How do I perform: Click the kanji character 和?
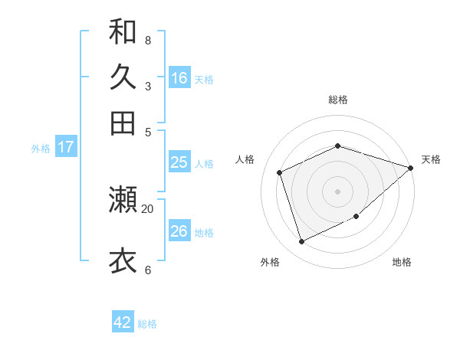coord(123,31)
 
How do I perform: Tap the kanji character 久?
coord(123,77)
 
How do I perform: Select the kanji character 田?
coord(123,122)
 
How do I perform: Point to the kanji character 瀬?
coord(123,200)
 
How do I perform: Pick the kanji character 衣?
coord(123,260)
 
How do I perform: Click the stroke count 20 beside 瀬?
coord(148,208)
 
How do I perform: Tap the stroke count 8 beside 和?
coord(148,41)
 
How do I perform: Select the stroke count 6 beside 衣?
coord(148,270)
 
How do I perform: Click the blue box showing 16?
coord(179,78)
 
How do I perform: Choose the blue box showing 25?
coord(179,162)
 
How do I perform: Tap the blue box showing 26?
coord(179,231)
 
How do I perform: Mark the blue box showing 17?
coord(65,147)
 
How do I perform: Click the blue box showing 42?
coord(123,322)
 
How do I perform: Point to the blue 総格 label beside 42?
coord(147,324)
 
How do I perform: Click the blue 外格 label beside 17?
coord(40,149)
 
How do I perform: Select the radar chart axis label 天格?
coord(431,159)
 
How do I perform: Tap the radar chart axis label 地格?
coord(402,263)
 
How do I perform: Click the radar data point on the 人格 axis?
coord(280,172)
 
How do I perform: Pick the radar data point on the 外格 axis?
coord(302,242)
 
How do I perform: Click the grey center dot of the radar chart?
coord(337,191)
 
